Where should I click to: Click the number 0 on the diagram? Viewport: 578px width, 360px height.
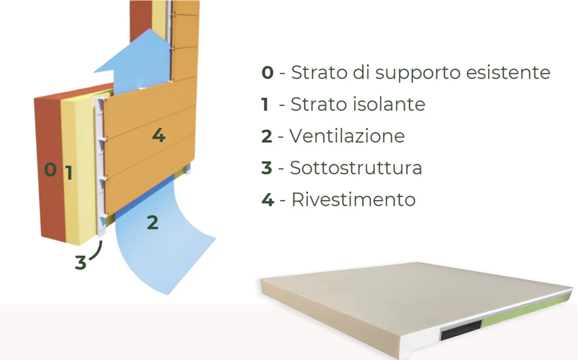coord(51,169)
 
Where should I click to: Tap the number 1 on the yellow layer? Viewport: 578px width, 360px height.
coord(68,173)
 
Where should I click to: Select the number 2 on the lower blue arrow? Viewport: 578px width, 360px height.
coord(153,223)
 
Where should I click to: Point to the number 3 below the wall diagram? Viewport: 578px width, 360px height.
coord(80,262)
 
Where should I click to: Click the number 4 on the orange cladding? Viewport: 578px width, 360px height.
coord(159,135)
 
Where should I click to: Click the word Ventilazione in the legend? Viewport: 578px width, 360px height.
coord(347,135)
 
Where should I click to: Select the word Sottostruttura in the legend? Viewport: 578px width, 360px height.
coord(356,168)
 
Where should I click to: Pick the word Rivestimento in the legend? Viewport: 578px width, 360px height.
coord(353,199)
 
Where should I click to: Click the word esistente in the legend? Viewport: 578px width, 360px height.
coord(508,72)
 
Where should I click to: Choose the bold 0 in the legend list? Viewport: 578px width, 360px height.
coord(267,73)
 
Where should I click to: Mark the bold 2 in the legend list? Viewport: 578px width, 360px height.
coord(267,136)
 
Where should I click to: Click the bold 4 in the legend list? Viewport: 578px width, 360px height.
coord(268,200)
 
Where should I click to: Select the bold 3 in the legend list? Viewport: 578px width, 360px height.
coord(267,168)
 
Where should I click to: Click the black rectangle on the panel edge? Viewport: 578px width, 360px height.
coord(461,331)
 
